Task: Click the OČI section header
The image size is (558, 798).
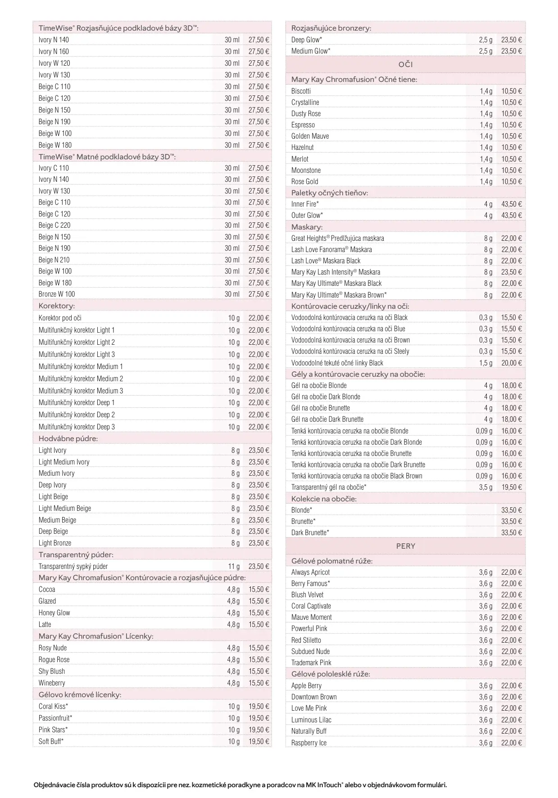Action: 405,64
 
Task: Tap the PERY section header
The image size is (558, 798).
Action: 405,546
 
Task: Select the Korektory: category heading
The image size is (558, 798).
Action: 56,306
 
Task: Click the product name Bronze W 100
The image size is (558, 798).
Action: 57,294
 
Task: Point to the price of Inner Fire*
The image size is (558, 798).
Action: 512,204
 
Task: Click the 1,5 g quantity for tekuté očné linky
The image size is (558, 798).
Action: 485,363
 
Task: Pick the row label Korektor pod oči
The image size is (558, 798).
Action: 60,318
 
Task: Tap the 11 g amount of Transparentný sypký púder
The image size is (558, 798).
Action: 234,566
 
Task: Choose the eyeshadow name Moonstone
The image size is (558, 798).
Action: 306,170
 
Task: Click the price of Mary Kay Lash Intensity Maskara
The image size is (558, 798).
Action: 512,272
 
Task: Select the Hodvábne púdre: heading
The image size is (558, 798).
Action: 68,438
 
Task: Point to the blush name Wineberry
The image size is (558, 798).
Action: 52,683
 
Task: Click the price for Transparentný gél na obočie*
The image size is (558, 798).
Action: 512,487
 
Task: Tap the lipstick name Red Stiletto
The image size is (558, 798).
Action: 306,640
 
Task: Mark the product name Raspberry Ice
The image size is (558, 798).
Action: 309,743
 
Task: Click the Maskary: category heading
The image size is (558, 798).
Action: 307,227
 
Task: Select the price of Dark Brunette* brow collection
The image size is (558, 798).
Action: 512,532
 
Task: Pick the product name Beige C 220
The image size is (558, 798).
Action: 54,225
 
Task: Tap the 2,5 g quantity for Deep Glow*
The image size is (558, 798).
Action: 485,40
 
